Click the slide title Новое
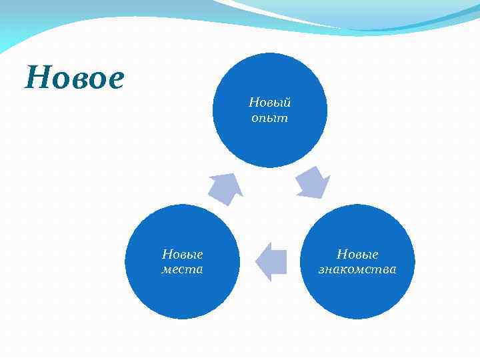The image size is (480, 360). click(74, 79)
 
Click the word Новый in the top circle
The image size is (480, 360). click(269, 103)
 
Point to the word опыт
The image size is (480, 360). click(269, 117)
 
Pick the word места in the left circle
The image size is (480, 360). click(182, 269)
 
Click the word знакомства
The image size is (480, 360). click(357, 269)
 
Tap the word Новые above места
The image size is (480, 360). click(182, 254)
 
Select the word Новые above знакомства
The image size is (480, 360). click(357, 254)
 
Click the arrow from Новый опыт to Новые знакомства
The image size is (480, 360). click(312, 183)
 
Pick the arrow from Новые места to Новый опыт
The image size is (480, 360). click(225, 188)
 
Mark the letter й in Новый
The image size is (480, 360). click(287, 102)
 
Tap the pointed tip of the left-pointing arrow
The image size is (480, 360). click(257, 261)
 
